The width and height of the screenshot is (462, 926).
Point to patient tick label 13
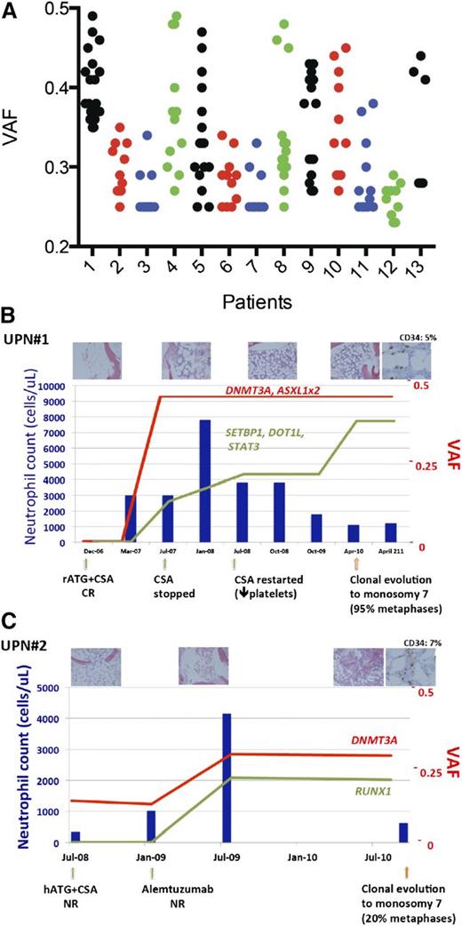point(421,264)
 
